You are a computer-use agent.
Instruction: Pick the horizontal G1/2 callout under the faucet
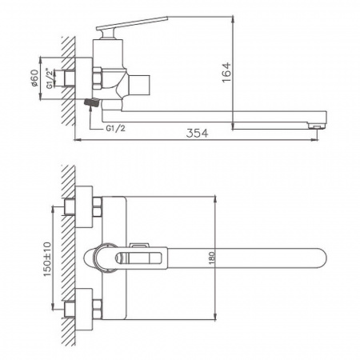click(115, 126)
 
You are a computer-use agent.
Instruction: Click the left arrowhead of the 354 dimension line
click(77, 141)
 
